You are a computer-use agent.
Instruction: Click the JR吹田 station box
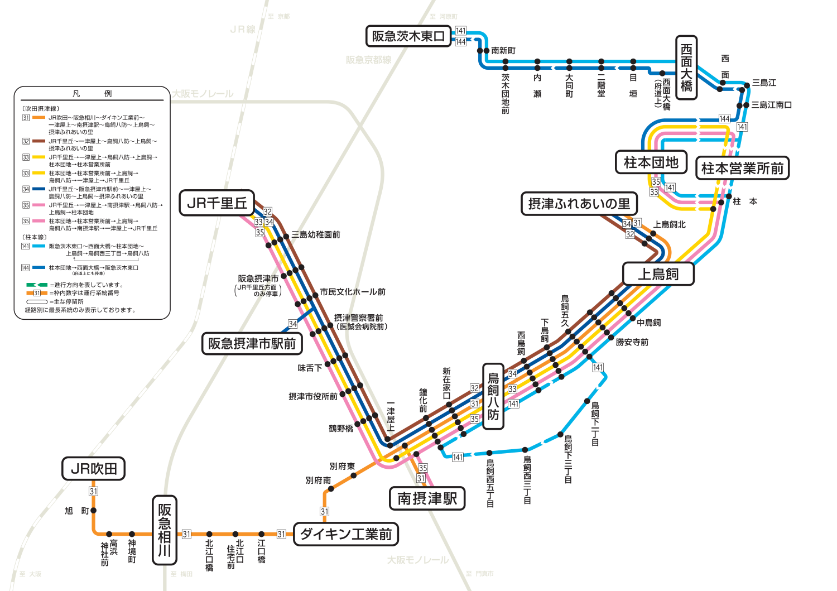[x=93, y=469]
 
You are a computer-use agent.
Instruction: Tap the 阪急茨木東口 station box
[x=408, y=36]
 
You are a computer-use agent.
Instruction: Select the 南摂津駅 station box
[x=427, y=498]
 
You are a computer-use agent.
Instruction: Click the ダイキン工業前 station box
[x=345, y=534]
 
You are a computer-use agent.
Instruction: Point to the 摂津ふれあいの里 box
[x=579, y=204]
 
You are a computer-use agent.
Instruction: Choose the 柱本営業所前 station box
[x=742, y=168]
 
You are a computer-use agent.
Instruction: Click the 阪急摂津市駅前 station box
[x=252, y=343]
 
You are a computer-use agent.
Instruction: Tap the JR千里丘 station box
[x=217, y=203]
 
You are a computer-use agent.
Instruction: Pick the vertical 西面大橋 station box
[x=686, y=68]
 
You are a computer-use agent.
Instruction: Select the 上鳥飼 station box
[x=658, y=274]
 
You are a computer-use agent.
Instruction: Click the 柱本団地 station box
[x=651, y=162]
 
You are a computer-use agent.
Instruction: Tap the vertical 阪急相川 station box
[x=164, y=530]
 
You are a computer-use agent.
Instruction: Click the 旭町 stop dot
[x=94, y=510]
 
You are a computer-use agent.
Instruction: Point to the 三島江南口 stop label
[x=771, y=105]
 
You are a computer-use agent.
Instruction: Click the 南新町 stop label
[x=503, y=51]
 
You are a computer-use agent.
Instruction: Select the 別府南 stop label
[x=318, y=480]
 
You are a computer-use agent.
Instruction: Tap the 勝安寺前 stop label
[x=632, y=342]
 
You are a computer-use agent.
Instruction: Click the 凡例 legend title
[x=92, y=94]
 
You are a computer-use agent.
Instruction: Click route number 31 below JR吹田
[x=93, y=491]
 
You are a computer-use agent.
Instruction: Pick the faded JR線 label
[x=243, y=29]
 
